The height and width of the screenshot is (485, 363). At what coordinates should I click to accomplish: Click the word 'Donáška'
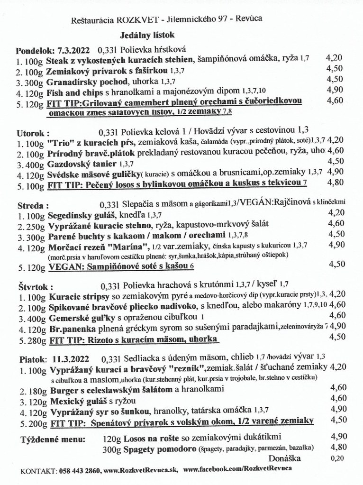284,458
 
